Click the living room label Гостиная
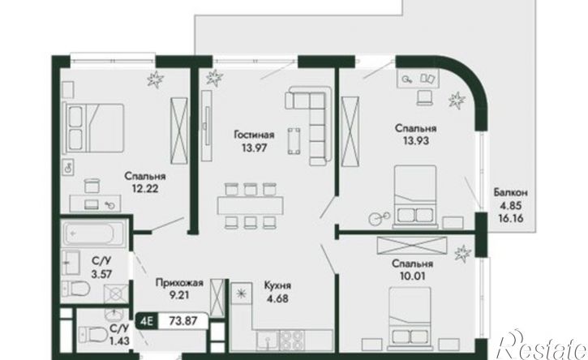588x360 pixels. point(254,135)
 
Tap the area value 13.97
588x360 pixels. point(254,148)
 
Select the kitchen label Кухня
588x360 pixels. point(277,285)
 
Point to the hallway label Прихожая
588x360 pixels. point(179,282)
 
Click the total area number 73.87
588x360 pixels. point(183,321)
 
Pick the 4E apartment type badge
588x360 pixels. point(146,321)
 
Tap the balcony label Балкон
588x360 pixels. point(511,193)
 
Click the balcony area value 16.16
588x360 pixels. point(511,218)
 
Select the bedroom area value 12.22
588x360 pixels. point(144,188)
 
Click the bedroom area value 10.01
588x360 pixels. point(412,276)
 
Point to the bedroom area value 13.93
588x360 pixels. point(416,141)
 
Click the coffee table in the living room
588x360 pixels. point(294,141)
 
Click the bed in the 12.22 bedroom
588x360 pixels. point(95,128)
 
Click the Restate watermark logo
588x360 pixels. point(542,345)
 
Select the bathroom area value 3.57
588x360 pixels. point(101,274)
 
